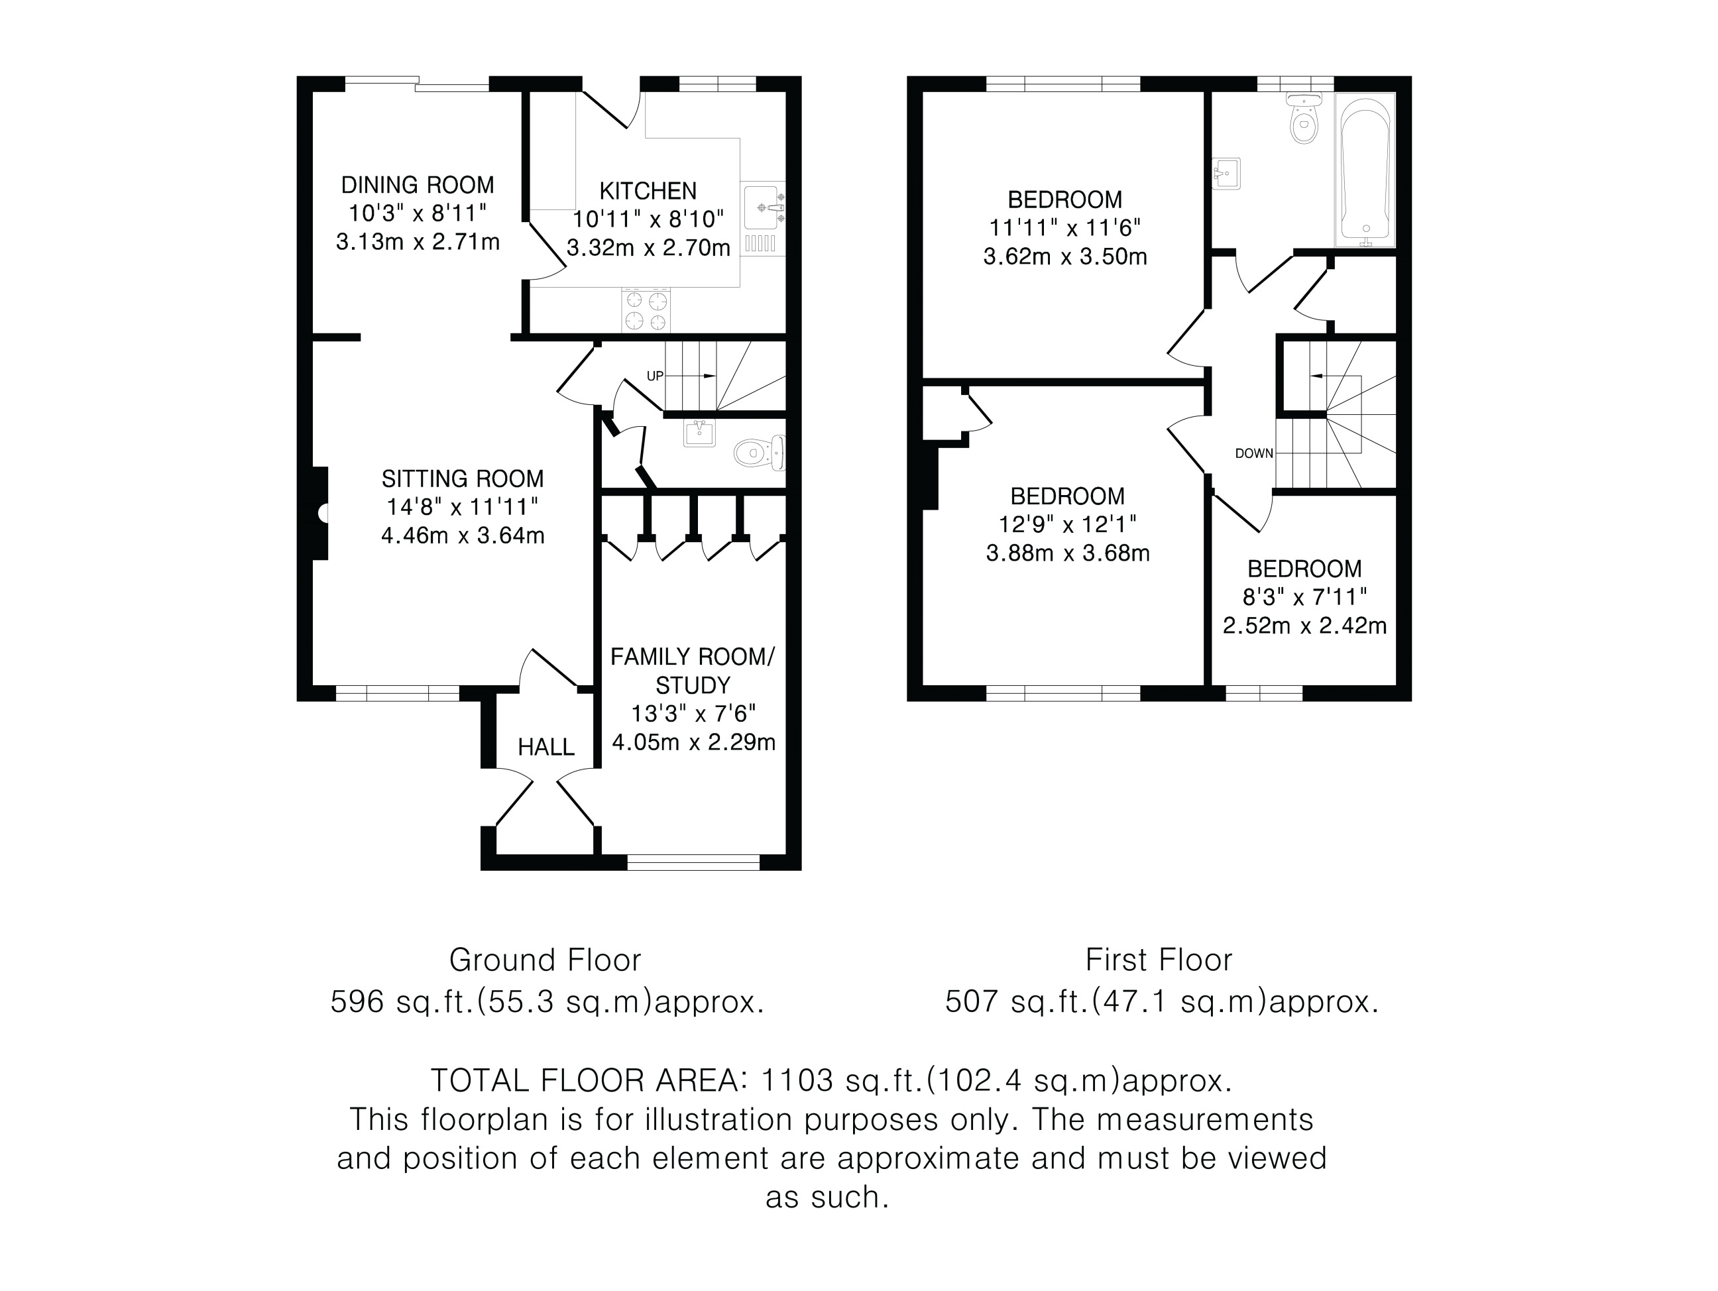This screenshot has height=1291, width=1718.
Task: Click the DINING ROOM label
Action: [x=417, y=185]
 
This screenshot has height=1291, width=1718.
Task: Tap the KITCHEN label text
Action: [x=648, y=191]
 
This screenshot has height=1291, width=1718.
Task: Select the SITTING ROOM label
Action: [x=462, y=478]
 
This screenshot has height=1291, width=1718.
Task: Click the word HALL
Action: [x=546, y=748]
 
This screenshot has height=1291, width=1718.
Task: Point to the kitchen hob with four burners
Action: [x=646, y=310]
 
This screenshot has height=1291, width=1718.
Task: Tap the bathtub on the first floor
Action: [x=1365, y=170]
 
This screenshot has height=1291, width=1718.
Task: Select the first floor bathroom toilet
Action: [x=1304, y=119]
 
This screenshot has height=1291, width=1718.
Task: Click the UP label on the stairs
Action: [x=655, y=376]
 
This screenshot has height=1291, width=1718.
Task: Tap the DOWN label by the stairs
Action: [x=1253, y=453]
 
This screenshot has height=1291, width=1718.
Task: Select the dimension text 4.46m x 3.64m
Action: [x=462, y=536]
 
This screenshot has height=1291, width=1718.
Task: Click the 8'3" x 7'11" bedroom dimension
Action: [x=1305, y=597]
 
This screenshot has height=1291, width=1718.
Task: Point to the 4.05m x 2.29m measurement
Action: [x=693, y=743]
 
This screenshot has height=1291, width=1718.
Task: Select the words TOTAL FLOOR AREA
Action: [x=589, y=1080]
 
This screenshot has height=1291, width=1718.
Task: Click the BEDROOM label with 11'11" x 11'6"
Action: [x=1065, y=199]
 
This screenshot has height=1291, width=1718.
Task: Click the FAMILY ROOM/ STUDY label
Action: [x=692, y=671]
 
